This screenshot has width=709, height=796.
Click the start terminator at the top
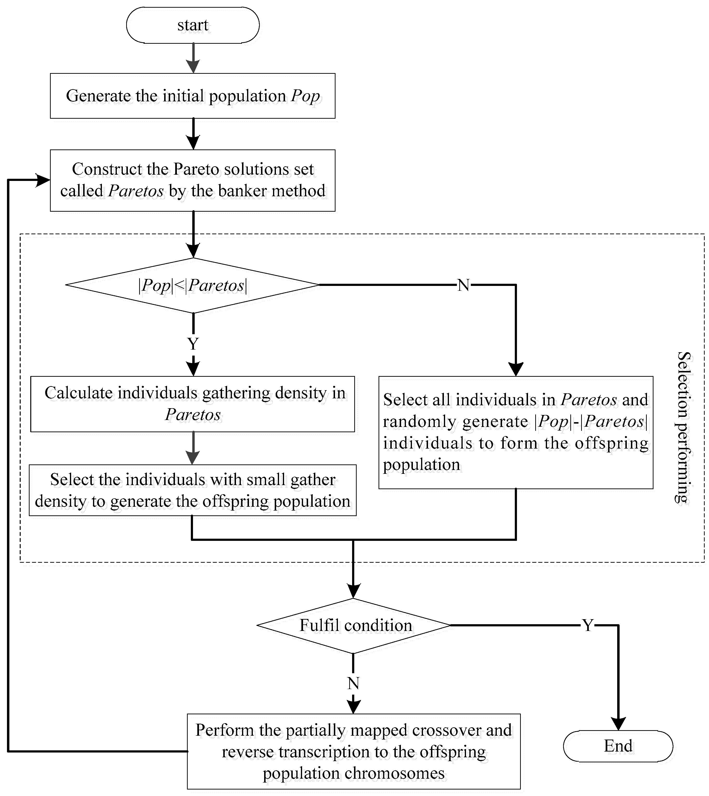pyautogui.click(x=193, y=25)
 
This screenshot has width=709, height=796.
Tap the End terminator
pyautogui.click(x=618, y=746)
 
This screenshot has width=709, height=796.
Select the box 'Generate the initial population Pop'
pyautogui.click(x=193, y=96)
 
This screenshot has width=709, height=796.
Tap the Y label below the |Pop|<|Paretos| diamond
pyautogui.click(x=193, y=344)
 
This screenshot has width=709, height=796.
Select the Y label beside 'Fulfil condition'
pyautogui.click(x=587, y=625)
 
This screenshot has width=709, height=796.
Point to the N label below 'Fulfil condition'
pyautogui.click(x=353, y=684)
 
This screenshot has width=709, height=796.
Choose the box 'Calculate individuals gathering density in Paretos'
pyautogui.click(x=193, y=404)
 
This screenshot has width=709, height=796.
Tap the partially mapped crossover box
pyautogui.click(x=353, y=751)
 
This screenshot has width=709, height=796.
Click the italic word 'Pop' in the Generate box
pyautogui.click(x=306, y=96)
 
